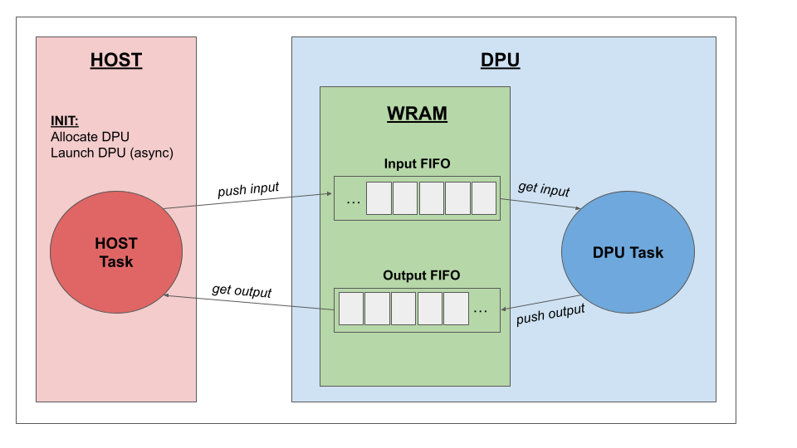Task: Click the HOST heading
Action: [x=116, y=60]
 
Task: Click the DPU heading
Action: [x=500, y=60]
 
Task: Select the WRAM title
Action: [x=417, y=114]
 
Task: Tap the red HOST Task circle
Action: [x=116, y=251]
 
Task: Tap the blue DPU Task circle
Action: [x=628, y=252]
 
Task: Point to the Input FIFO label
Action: [x=417, y=163]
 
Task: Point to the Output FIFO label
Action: [x=421, y=275]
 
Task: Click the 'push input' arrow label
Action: [x=249, y=191]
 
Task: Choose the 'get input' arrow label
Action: [x=544, y=188]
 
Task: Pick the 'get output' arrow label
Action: [x=242, y=290]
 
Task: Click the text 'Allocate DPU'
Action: [x=90, y=136]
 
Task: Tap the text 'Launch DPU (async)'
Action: [x=112, y=153]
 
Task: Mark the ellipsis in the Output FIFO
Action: [x=481, y=310]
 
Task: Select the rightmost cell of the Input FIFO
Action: [x=483, y=198]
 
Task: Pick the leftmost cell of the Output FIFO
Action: [x=351, y=308]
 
